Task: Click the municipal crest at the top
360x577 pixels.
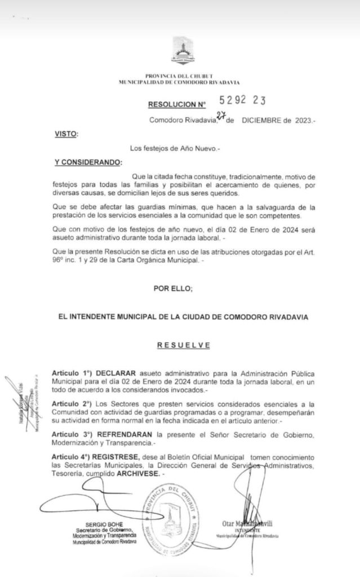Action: pos(180,51)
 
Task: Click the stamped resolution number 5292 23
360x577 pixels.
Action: pos(243,101)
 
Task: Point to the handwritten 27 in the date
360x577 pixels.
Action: pos(221,117)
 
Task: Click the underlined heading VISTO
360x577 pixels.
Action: pos(66,134)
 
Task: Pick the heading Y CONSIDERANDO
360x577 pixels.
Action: pos(87,162)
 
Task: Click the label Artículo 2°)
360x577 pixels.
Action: pos(71,405)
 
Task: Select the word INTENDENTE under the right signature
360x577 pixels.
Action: pos(247,531)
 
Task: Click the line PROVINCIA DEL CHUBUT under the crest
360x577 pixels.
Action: pos(180,76)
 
